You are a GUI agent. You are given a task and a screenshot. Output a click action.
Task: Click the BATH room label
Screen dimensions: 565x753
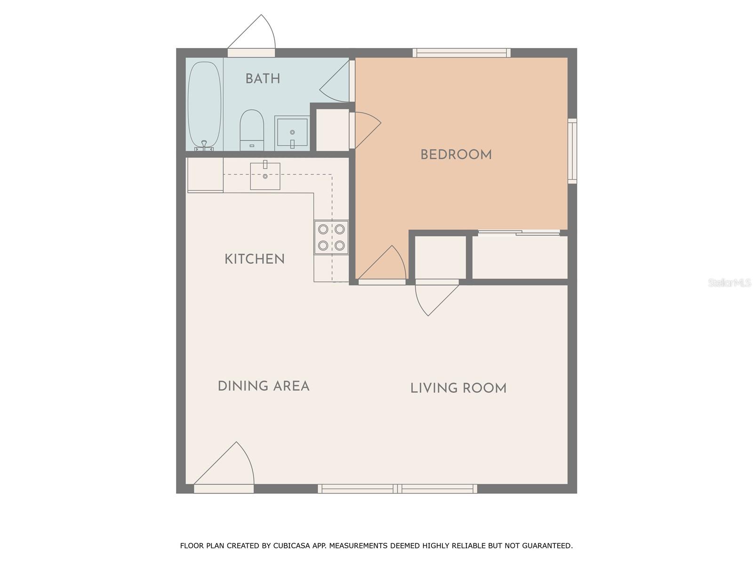point(263,79)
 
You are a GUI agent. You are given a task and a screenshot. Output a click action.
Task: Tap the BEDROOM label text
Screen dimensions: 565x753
point(456,154)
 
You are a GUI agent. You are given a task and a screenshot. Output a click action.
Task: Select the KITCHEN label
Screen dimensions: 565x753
point(254,259)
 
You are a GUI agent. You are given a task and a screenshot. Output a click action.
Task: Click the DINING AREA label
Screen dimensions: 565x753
point(264,386)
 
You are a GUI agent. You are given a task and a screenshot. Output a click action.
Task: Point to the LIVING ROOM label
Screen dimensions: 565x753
point(458,388)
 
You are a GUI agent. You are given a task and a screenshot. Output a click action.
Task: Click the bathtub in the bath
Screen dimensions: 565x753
point(204,105)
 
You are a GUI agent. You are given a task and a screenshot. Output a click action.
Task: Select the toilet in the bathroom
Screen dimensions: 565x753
point(252,130)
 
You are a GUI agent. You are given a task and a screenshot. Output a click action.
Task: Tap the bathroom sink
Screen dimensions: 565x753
point(292,132)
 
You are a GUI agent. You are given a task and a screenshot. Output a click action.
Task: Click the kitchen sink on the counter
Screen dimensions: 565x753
point(265,176)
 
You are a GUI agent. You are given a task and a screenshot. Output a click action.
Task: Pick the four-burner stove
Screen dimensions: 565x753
point(331,237)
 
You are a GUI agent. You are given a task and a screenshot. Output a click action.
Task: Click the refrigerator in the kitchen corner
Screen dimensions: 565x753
point(205,175)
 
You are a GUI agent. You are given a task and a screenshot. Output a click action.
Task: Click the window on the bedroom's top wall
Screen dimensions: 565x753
point(461,53)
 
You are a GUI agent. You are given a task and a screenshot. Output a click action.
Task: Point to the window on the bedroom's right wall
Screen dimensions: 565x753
point(572,151)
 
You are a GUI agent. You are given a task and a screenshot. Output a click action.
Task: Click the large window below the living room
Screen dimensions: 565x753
point(398,489)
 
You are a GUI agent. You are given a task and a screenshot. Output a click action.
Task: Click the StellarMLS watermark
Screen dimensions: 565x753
point(729,282)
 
